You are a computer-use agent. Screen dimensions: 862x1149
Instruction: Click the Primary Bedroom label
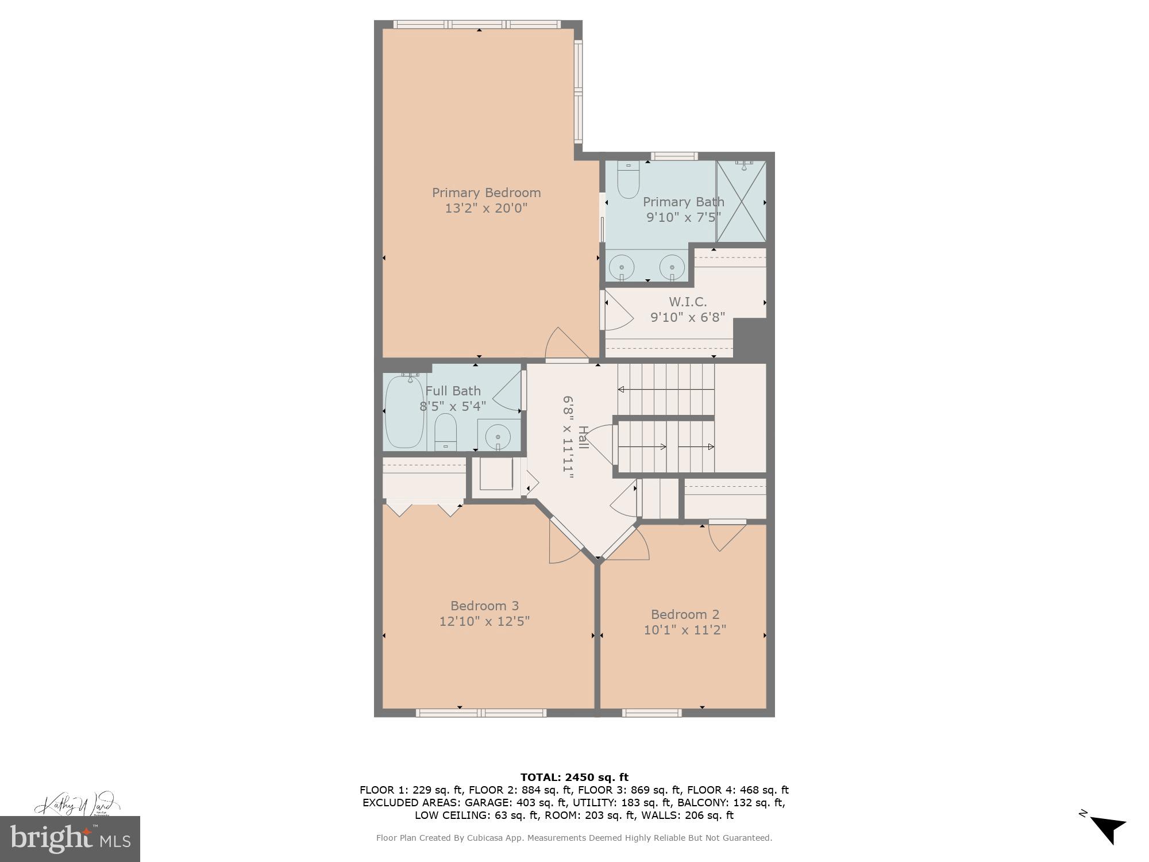(486, 193)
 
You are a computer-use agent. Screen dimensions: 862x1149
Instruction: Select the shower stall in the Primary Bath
(741, 201)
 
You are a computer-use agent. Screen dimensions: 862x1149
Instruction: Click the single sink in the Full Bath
(498, 437)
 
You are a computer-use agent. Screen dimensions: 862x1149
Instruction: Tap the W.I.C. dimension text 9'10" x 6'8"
(687, 317)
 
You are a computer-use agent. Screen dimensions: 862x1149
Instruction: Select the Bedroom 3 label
(484, 606)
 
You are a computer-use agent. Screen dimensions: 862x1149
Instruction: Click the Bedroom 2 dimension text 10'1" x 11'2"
(684, 630)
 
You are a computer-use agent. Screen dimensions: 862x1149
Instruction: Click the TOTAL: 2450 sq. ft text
(574, 778)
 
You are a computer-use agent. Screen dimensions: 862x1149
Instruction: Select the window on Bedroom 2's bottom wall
(651, 713)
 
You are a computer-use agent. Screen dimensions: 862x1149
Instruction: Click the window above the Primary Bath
(674, 156)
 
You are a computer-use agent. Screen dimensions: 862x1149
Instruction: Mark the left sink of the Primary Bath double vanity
(620, 267)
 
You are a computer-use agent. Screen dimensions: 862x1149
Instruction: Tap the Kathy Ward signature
(77, 803)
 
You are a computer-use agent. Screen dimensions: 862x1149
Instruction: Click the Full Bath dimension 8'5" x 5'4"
(453, 406)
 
